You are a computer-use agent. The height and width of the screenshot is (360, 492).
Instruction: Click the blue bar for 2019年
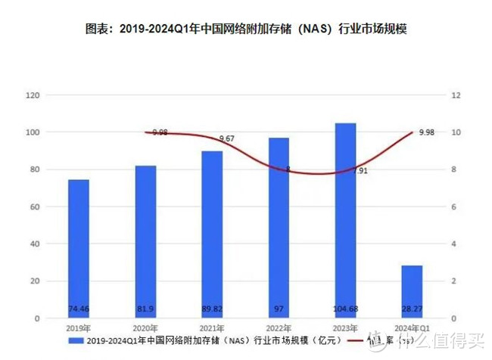click(79, 249)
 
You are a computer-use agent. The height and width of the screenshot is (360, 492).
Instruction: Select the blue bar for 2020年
click(145, 242)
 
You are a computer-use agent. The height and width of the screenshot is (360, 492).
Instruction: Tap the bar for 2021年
click(212, 234)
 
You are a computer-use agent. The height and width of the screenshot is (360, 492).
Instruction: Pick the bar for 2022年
click(279, 228)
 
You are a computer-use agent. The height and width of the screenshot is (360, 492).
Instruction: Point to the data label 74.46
click(79, 309)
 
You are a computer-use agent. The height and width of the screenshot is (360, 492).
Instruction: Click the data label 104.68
click(345, 309)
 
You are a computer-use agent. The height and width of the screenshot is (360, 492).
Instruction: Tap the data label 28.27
click(412, 309)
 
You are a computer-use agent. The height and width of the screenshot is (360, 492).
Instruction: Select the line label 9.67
click(226, 139)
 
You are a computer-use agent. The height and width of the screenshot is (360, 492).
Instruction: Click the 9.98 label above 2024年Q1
click(426, 133)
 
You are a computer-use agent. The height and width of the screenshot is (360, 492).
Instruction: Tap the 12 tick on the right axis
click(456, 95)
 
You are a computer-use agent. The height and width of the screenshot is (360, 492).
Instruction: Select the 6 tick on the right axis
click(453, 206)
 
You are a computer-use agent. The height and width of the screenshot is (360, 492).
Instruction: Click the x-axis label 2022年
click(279, 327)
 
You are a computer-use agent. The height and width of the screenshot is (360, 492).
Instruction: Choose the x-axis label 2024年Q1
click(413, 327)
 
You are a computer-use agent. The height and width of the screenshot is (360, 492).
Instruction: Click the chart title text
click(250, 29)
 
